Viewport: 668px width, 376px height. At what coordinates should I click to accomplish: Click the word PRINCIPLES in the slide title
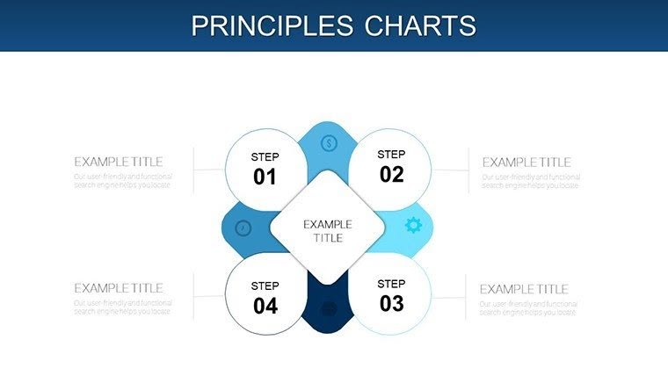(271, 25)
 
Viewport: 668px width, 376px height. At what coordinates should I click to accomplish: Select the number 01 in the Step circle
(265, 177)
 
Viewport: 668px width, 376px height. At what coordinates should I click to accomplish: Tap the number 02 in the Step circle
(391, 174)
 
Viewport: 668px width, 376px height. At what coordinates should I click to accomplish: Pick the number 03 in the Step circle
(391, 303)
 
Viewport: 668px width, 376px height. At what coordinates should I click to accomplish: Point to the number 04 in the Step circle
(265, 306)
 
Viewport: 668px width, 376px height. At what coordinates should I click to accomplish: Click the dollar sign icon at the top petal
(329, 143)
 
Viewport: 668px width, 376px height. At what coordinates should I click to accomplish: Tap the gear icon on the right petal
(413, 226)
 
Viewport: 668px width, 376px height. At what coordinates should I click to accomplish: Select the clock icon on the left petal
(243, 228)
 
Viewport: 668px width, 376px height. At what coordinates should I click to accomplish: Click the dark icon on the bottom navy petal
(329, 308)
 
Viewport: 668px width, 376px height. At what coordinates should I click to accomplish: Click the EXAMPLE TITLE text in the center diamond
(328, 231)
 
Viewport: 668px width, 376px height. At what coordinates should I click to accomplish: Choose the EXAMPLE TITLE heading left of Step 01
(119, 162)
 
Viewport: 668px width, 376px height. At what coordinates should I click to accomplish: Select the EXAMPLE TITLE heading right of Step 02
(526, 162)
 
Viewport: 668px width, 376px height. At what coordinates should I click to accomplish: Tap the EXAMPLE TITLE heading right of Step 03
(524, 289)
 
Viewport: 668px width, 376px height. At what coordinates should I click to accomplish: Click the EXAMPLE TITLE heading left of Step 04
(119, 288)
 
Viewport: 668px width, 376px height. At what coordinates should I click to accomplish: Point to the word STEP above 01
(265, 156)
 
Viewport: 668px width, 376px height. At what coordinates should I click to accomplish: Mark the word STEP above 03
(391, 284)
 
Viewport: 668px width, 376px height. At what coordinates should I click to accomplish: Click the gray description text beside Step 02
(530, 181)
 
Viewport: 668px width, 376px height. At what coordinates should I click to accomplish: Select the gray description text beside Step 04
(122, 307)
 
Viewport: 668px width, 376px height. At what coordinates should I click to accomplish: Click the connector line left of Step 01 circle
(208, 170)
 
